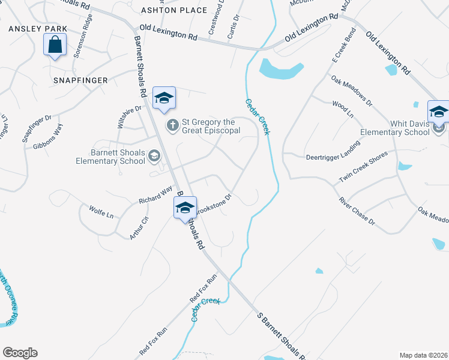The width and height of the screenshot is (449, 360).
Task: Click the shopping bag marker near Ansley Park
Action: pos(55,45)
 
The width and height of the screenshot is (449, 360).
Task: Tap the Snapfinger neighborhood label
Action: pos(80,80)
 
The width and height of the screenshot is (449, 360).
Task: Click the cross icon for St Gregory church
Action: pos(172,125)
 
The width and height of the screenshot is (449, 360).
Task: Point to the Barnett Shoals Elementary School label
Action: pos(110,157)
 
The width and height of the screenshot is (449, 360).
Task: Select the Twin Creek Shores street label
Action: pos(364,167)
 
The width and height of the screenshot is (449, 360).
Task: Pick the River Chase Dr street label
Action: pos(357,212)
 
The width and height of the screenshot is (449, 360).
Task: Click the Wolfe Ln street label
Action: pos(101,211)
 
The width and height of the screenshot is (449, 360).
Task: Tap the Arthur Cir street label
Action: pos(139,228)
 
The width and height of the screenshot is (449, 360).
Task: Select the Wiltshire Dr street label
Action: pos(129,117)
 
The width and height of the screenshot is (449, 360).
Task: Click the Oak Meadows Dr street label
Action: pos(352,90)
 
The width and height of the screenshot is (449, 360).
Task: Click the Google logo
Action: pos(20,353)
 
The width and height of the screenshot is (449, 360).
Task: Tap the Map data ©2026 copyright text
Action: pos(424,355)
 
